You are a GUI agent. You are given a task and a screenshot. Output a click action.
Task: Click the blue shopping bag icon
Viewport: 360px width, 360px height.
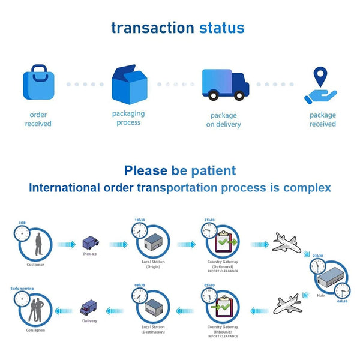pyautogui.click(x=39, y=85)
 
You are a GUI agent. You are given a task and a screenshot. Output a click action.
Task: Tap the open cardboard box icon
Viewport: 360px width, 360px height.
pyautogui.click(x=129, y=84)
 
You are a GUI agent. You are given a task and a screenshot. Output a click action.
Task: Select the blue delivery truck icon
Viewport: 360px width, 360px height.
pyautogui.click(x=225, y=85)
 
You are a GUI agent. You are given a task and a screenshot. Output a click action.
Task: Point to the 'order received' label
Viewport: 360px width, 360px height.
pyautogui.click(x=38, y=119)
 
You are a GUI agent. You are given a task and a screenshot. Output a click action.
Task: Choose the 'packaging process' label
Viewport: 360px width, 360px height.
pyautogui.click(x=128, y=118)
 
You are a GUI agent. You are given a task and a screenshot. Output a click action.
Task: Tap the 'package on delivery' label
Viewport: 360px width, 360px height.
pyautogui.click(x=223, y=120)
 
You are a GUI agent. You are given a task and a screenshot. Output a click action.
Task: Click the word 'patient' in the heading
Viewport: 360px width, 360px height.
pyautogui.click(x=208, y=170)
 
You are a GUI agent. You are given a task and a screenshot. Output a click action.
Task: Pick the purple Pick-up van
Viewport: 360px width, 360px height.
pyautogui.click(x=90, y=244)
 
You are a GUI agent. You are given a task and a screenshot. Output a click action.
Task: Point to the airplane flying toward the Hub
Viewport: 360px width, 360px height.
pyautogui.click(x=286, y=242)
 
